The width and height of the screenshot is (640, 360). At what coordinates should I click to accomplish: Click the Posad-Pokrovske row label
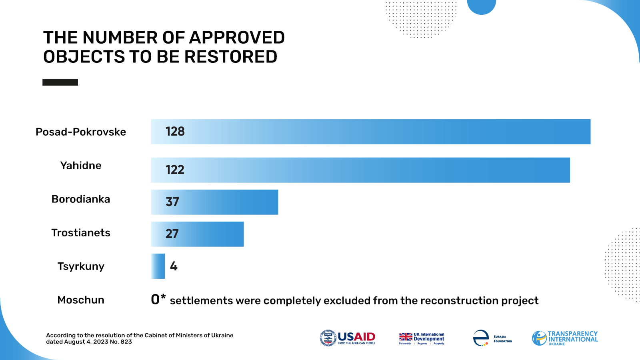pos(81,132)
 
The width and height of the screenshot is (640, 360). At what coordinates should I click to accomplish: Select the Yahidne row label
pos(81,166)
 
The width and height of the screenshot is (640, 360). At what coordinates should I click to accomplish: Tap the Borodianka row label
pos(81,199)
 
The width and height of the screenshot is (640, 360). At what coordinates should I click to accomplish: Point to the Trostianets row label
pos(81,233)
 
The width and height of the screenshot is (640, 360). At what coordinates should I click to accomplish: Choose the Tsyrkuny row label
pos(81,266)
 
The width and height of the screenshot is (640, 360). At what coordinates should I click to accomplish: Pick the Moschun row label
pos(81,300)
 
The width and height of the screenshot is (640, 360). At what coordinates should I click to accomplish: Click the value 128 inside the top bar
pos(175,132)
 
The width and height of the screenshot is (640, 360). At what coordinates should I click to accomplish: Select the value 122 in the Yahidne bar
pos(175,170)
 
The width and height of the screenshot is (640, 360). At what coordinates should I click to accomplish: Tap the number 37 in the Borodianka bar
pos(172,202)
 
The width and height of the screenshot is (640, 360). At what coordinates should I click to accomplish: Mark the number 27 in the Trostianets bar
pos(172,234)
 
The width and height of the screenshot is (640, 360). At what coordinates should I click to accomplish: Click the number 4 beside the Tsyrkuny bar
pos(174,266)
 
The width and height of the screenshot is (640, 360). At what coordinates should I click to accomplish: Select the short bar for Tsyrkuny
pos(158,266)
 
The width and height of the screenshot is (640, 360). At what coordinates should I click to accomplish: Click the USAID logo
pos(348,338)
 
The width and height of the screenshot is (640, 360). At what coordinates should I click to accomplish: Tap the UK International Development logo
pos(422,338)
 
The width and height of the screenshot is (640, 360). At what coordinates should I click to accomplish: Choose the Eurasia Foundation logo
pos(492,338)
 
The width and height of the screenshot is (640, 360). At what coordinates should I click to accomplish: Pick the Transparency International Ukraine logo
pos(565,338)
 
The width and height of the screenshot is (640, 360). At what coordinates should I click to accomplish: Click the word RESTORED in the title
pos(231,57)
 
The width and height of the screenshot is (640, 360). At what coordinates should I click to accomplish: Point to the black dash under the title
pos(60,82)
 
